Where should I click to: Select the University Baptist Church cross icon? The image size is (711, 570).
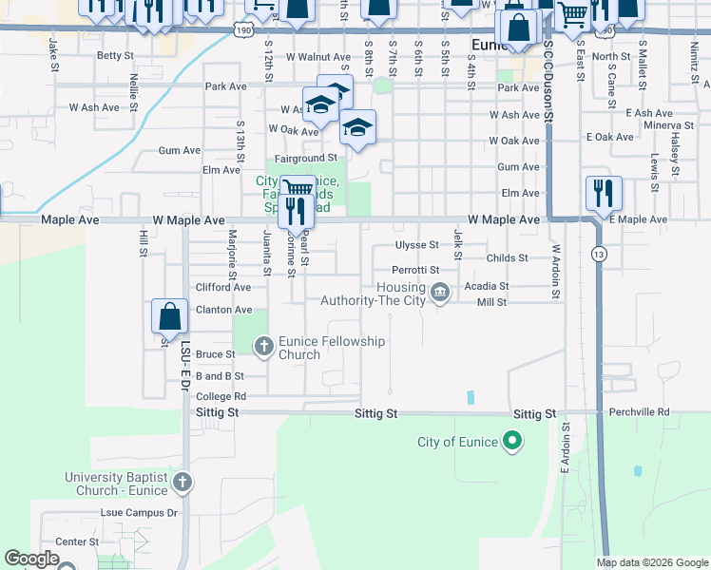click(x=183, y=483)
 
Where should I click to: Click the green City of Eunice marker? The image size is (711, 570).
click(x=512, y=441)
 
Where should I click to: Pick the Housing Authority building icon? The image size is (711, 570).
click(x=439, y=293)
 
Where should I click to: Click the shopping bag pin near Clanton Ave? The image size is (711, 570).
click(x=169, y=316)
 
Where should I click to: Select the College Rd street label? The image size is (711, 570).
click(x=221, y=396)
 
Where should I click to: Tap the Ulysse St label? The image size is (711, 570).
click(x=417, y=244)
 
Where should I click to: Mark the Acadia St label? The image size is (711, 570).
click(x=487, y=286)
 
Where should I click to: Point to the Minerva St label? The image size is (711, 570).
click(x=667, y=125)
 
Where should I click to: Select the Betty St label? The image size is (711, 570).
click(x=115, y=56)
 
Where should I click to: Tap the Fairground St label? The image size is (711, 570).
click(x=306, y=158)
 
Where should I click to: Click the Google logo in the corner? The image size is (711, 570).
click(x=31, y=559)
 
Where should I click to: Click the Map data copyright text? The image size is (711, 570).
click(x=651, y=562)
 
